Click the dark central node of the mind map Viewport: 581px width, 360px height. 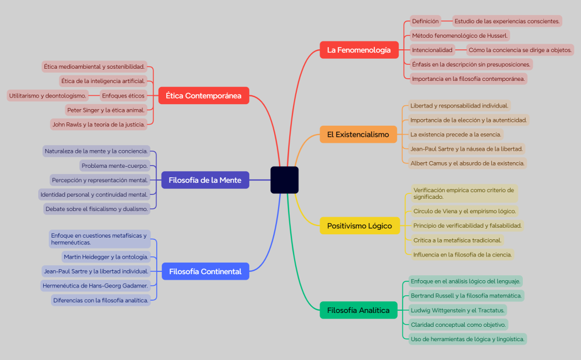coord(284,180)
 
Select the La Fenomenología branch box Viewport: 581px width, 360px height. coord(359,50)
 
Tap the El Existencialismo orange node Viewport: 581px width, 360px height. coord(358,134)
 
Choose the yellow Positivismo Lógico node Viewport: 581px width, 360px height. coord(359,225)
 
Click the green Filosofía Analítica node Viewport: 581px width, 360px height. coord(358,310)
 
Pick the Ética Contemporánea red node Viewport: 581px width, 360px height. coord(203,96)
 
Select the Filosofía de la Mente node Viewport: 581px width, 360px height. coord(205,180)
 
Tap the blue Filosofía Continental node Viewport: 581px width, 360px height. coord(205,271)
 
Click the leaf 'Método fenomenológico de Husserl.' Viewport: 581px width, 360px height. coord(459,35)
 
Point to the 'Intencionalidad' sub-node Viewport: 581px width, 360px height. coord(432,50)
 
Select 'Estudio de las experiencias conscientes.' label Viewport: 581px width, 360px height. coord(507,21)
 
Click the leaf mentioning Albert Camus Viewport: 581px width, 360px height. coord(467,163)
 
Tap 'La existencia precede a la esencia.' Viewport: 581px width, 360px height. coord(455,134)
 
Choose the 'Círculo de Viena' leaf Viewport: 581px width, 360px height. coord(464,211)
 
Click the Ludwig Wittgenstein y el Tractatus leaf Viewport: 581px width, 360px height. coord(457,310)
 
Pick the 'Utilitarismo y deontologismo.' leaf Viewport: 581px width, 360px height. coord(48,95)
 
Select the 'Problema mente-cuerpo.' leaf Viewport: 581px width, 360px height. coord(115,166)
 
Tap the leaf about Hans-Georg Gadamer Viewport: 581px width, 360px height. coord(95,286)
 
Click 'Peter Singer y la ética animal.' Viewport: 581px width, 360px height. coord(106,110)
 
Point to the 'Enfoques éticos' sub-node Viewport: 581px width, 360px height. coord(123,95)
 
